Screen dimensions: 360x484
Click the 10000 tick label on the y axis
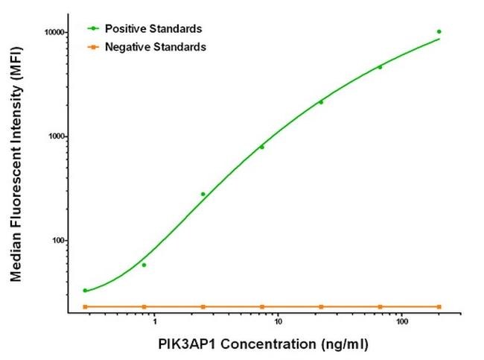coord(51,32)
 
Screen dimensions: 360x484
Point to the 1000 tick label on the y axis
coord(53,136)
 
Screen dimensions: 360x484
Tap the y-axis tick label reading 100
coord(55,241)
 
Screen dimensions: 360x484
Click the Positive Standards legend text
coord(153,28)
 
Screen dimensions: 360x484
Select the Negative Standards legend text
coord(155,46)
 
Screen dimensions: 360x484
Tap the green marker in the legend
coord(93,29)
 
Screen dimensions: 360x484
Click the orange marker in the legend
coord(93,47)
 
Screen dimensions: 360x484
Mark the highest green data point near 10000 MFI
coord(439,31)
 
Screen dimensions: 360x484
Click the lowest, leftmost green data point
coord(85,290)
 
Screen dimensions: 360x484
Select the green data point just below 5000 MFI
coord(380,67)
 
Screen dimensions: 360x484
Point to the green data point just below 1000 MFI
coord(262,147)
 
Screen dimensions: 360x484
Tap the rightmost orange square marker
coord(439,306)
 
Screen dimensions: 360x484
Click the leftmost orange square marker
coord(85,306)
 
